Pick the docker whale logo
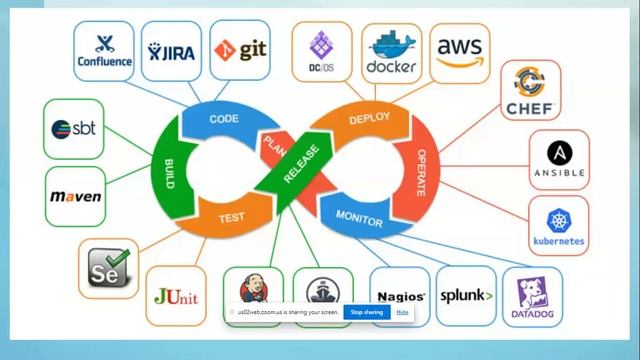[x=391, y=48]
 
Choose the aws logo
[x=461, y=48]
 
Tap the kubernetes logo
[x=559, y=226]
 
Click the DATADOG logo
[x=531, y=296]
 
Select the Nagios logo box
[x=401, y=296]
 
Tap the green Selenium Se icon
[x=108, y=269]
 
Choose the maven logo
[x=76, y=196]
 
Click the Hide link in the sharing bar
[x=402, y=313]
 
